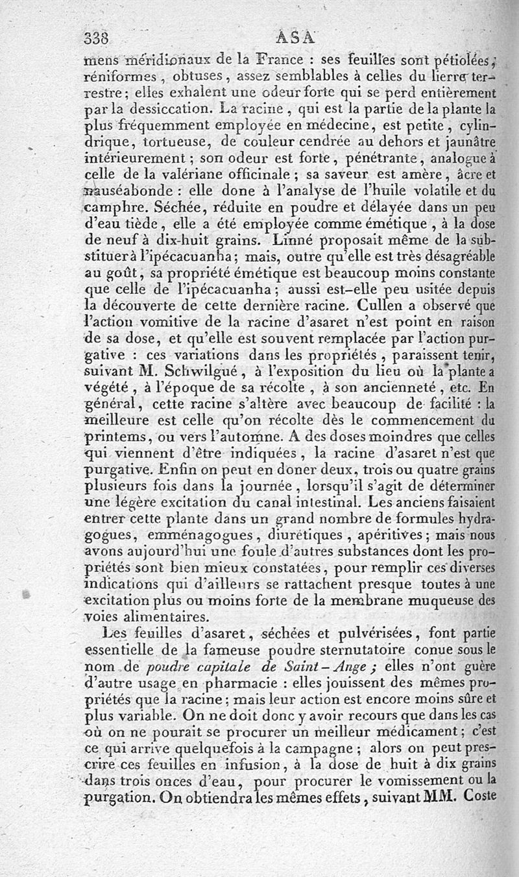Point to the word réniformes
(119, 76)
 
